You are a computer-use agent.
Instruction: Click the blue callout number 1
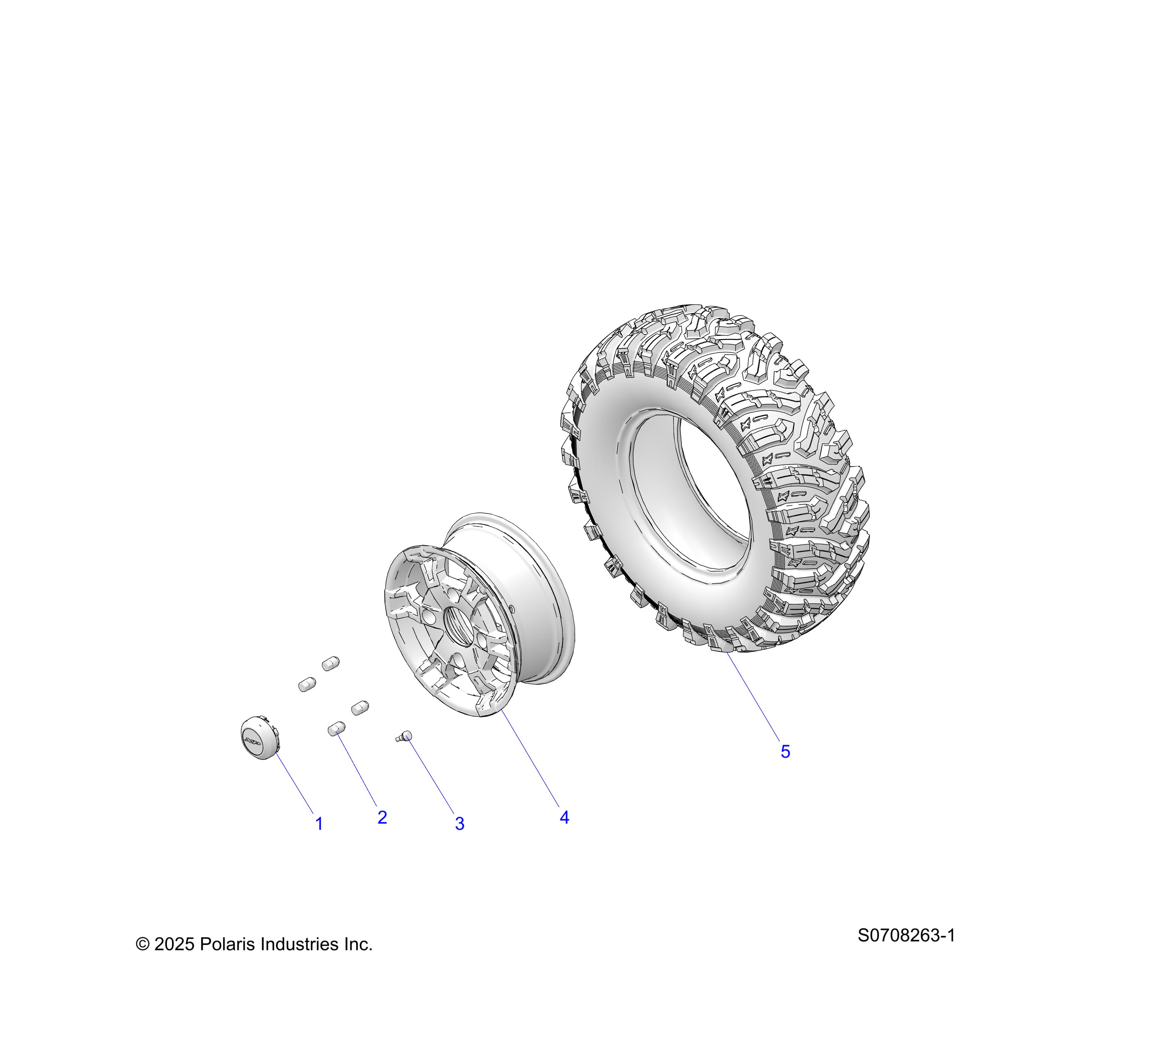pyautogui.click(x=319, y=824)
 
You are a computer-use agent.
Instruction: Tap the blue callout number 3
pyautogui.click(x=459, y=823)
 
